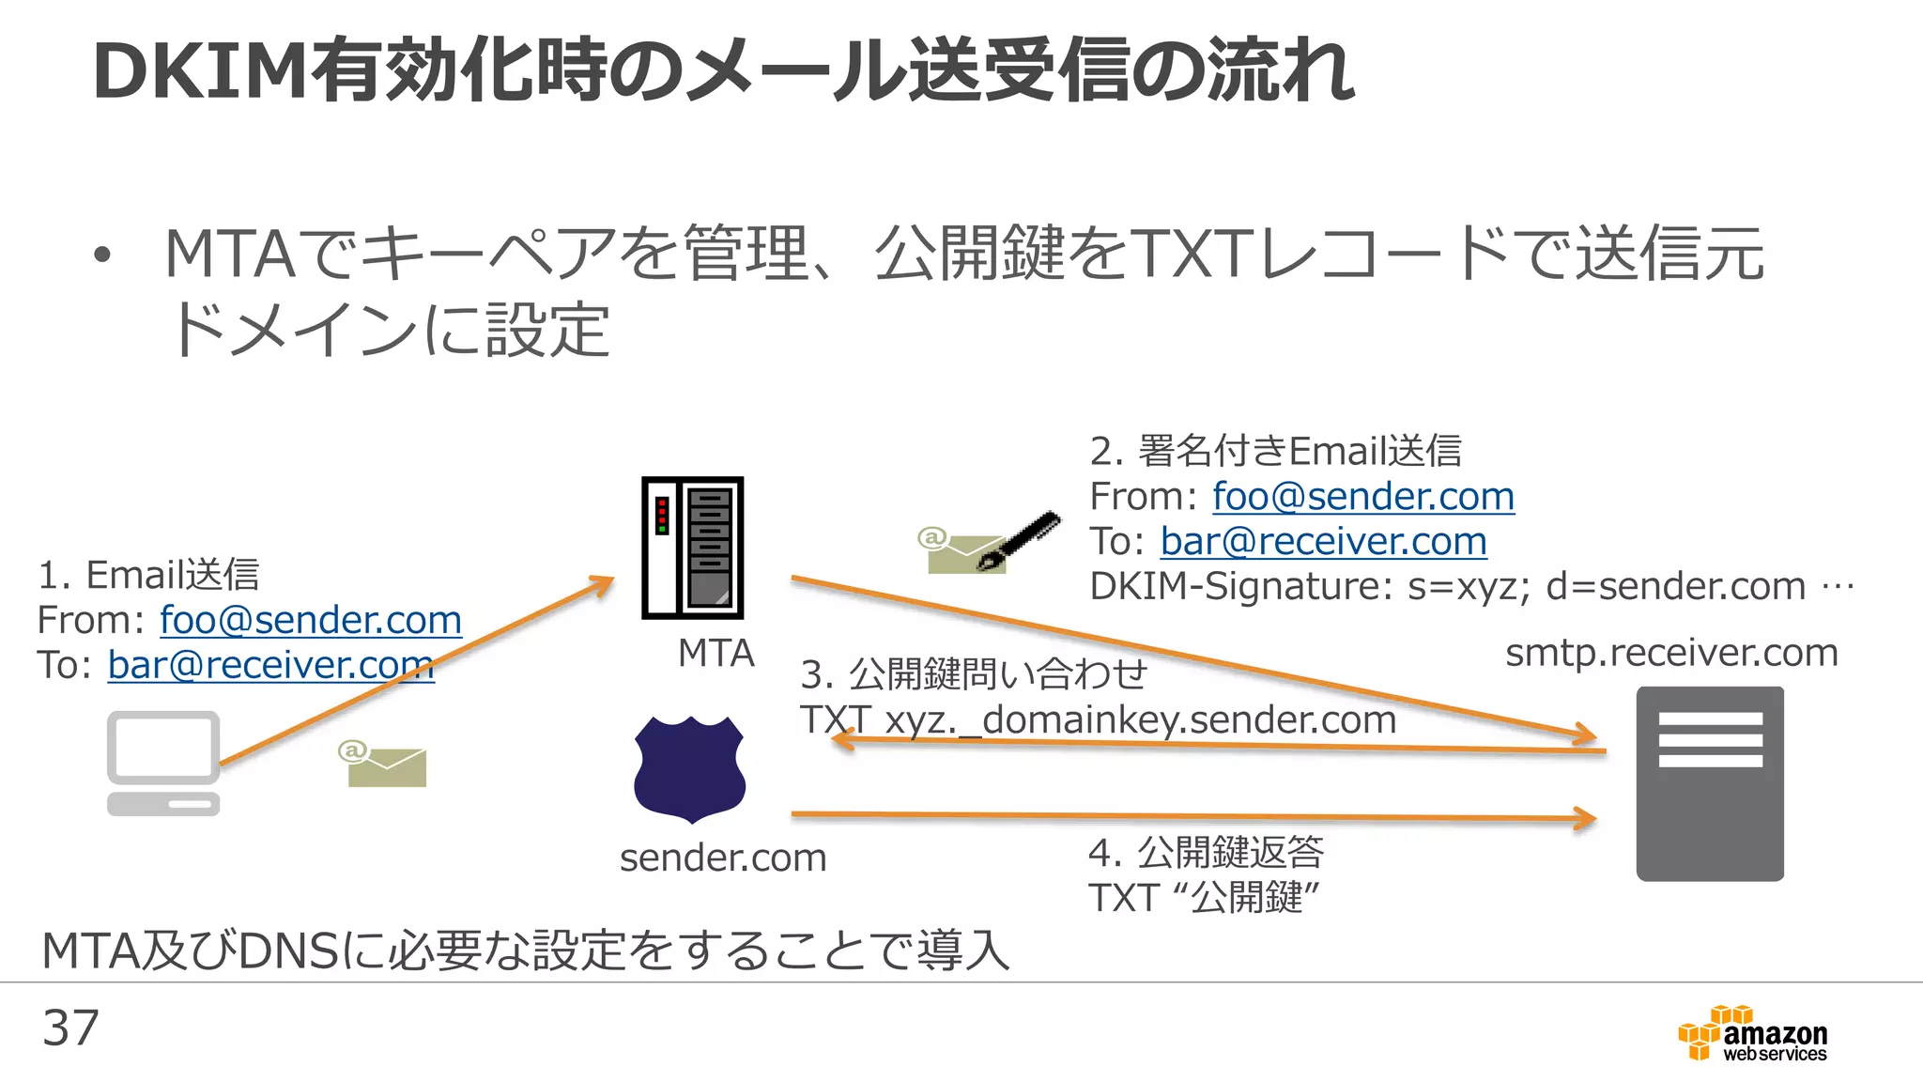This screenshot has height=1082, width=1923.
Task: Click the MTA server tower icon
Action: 692,548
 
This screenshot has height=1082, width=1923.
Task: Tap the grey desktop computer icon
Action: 163,763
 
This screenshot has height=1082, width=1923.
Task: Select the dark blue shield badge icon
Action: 690,769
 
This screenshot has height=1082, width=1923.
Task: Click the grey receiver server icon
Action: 1709,783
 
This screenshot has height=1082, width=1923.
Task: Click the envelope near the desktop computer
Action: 383,765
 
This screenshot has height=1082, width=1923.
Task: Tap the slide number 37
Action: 70,1028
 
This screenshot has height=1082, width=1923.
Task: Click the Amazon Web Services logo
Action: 1753,1034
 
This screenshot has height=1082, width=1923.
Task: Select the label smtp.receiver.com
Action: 1671,653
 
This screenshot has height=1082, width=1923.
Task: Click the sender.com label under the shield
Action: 723,858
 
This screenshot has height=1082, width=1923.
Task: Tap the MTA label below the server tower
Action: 715,653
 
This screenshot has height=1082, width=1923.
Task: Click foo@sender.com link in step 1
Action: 311,620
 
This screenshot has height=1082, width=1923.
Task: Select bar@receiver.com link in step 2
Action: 1323,541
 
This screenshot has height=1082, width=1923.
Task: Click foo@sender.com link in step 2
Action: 1362,496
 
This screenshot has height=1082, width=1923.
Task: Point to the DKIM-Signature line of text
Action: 1470,586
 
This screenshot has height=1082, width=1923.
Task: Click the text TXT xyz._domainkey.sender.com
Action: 1098,720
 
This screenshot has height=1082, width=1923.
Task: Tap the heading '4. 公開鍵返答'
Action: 1206,853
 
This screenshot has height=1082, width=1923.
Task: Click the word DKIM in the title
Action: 201,71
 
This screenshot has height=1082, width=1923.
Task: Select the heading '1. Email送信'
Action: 148,575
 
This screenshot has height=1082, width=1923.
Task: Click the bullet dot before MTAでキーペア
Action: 102,255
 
